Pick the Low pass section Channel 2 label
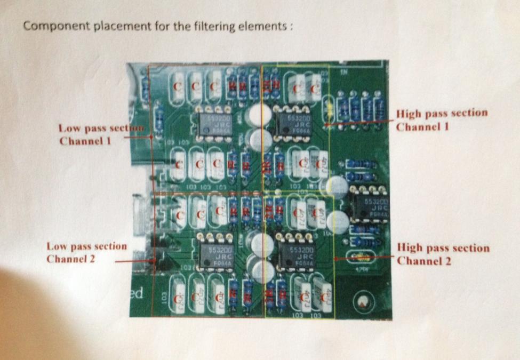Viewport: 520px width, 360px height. click(86, 253)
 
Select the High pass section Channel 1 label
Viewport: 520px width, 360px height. click(442, 119)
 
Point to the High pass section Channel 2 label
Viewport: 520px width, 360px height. click(443, 254)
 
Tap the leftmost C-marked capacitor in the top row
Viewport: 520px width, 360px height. click(178, 85)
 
